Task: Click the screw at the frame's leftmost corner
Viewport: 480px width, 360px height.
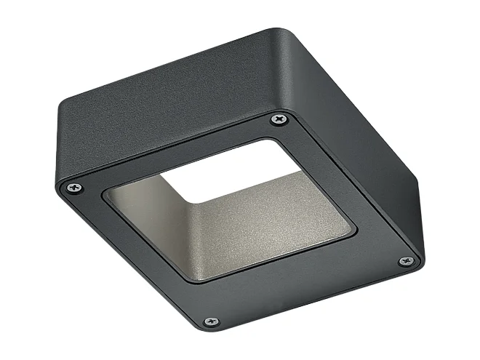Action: coord(73,188)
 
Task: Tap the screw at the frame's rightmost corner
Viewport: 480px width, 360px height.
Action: coord(405,261)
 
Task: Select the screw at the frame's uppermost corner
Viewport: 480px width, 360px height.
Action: coord(279,119)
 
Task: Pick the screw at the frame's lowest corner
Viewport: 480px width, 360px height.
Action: coord(211,321)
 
